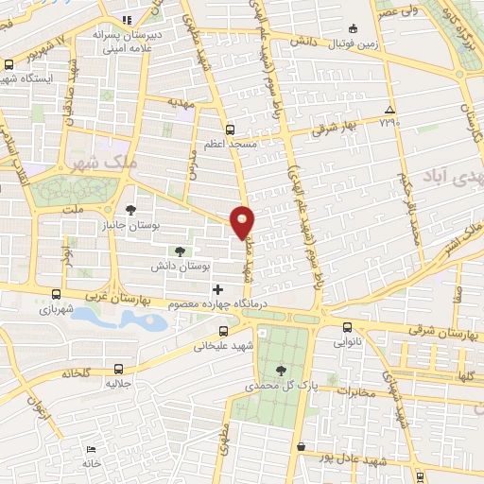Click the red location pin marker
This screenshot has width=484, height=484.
(x=244, y=221)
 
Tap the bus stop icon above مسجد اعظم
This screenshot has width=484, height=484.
(x=229, y=129)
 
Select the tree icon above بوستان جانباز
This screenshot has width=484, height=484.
(x=130, y=210)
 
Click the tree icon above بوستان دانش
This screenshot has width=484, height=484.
(x=179, y=251)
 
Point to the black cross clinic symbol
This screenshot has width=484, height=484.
(x=218, y=288)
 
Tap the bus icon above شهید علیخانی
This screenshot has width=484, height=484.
(x=223, y=331)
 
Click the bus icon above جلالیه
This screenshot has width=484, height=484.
(x=117, y=369)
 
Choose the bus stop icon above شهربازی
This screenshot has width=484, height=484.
(x=58, y=294)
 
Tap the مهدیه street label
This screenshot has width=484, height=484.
(x=180, y=100)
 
